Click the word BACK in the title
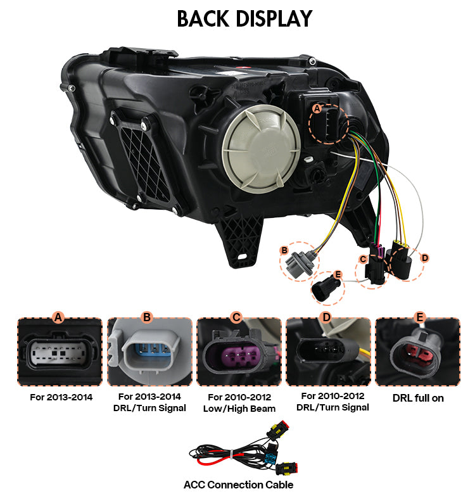tap(203, 18)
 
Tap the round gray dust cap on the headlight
tap(261, 148)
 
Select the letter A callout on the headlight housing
tap(317, 108)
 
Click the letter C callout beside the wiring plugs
tap(363, 259)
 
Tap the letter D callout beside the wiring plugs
tap(424, 258)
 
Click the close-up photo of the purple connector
tap(239, 352)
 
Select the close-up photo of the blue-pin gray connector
tap(149, 352)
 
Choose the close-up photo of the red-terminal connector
tap(417, 352)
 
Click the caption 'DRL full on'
tap(418, 398)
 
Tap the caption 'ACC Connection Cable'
tap(238, 485)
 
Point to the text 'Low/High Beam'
tap(239, 409)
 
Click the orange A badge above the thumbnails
tap(58, 317)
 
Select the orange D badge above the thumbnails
tap(326, 317)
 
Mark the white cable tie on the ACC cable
tap(232, 455)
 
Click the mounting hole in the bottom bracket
tap(242, 257)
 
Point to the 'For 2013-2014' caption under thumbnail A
tap(61, 397)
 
